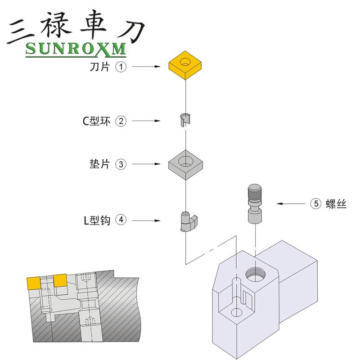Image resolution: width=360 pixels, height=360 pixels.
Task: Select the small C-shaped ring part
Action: pyautogui.click(x=185, y=120)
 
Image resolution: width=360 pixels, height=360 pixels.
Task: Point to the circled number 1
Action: pyautogui.click(x=121, y=67)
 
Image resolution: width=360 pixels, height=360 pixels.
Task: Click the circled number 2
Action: pyautogui.click(x=121, y=121)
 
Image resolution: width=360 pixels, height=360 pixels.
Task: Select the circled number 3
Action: pyautogui.click(x=121, y=164)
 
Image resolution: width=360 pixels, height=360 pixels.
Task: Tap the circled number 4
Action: pyautogui.click(x=121, y=220)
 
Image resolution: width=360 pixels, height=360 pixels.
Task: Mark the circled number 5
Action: pyautogui.click(x=316, y=204)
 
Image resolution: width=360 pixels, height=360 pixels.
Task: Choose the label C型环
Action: pyautogui.click(x=96, y=121)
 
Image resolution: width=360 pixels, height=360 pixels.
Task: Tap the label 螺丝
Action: pyautogui.click(x=336, y=204)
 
